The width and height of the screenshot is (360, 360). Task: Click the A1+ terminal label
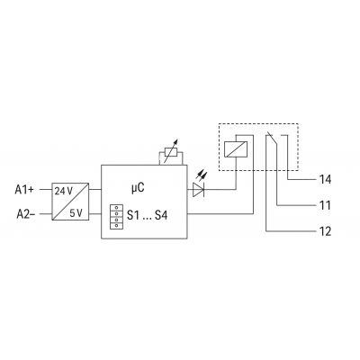pos(24,190)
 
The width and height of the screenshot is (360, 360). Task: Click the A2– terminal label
pos(26,214)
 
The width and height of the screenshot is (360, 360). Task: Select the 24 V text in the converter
pos(64,191)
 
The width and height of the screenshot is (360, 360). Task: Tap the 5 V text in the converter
pos(76,213)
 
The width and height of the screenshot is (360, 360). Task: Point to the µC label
pos(138,188)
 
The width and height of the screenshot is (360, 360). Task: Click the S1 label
pos(133,215)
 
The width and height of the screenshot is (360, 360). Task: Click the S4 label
pos(161,215)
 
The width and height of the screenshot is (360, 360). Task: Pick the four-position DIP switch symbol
pos(116,217)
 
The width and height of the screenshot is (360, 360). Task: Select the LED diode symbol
pos(199,190)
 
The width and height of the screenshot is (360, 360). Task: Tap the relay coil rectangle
pos(236,149)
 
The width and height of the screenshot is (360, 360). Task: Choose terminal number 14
pos(325,179)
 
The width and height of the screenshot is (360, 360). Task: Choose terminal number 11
pos(325,205)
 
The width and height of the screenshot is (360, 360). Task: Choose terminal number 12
pos(325,231)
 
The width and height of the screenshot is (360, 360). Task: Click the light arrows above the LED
pos(202,175)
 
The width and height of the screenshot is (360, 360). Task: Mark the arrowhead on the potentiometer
pos(176,141)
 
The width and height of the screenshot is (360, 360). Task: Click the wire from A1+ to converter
pos(46,190)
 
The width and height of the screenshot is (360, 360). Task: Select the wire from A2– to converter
pos(46,214)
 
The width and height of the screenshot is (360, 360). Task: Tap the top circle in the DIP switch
pos(116,208)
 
